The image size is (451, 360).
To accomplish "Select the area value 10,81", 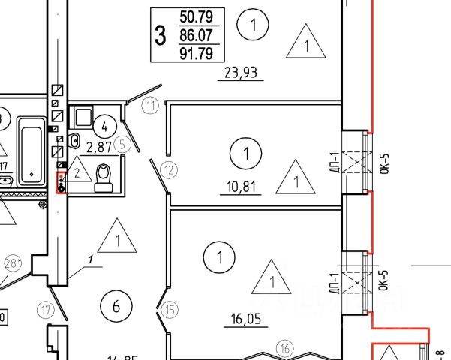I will point(240,185).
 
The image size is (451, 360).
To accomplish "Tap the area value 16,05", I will point(246,319).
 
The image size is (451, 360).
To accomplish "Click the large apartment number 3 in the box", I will point(160,34).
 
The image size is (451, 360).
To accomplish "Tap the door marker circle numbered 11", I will point(152,105).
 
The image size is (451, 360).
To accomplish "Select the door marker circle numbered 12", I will point(170,169).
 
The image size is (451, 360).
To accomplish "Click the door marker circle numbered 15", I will point(170,307).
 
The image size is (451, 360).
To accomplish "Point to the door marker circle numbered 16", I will point(284,347).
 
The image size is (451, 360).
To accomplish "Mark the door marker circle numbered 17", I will point(47,309).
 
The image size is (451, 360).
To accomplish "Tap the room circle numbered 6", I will point(116,306).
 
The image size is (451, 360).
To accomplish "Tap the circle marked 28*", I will point(11,263).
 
